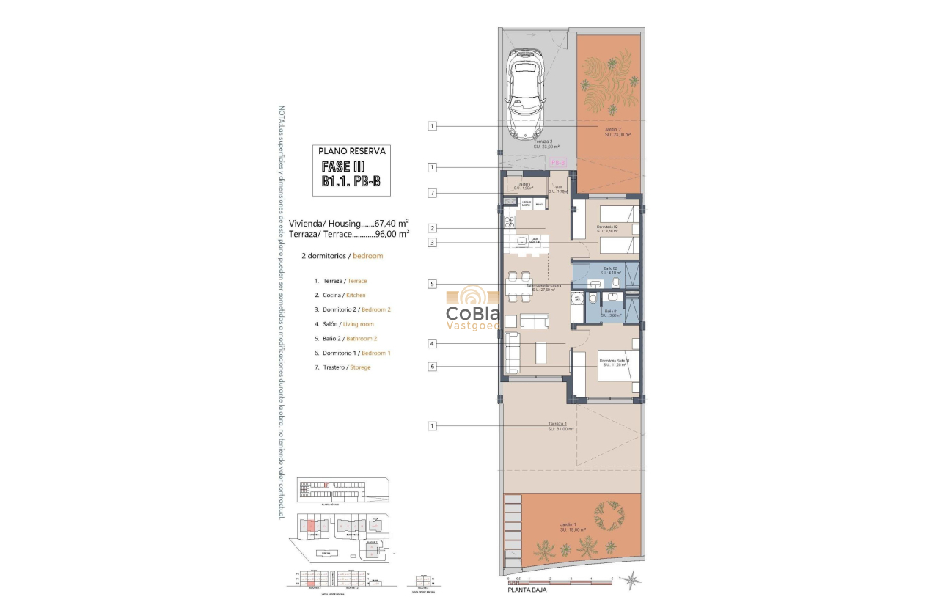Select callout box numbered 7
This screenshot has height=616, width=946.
[x=433, y=193]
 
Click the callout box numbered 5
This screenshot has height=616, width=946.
[x=433, y=284]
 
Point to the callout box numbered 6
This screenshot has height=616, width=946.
[x=433, y=367]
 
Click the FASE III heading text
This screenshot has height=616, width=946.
[x=351, y=167]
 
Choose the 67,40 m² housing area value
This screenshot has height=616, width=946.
[x=392, y=223]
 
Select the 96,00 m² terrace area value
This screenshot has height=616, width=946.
[x=392, y=235]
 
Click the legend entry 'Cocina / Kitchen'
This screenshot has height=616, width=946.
[x=340, y=295]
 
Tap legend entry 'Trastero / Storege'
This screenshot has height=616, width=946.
[x=342, y=367]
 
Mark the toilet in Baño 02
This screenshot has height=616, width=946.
[x=618, y=283]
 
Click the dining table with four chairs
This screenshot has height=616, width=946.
[x=518, y=285]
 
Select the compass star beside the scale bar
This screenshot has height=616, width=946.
[x=630, y=580]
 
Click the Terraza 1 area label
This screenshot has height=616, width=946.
[x=560, y=426]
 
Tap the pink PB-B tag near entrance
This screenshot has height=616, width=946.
[x=557, y=161]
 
